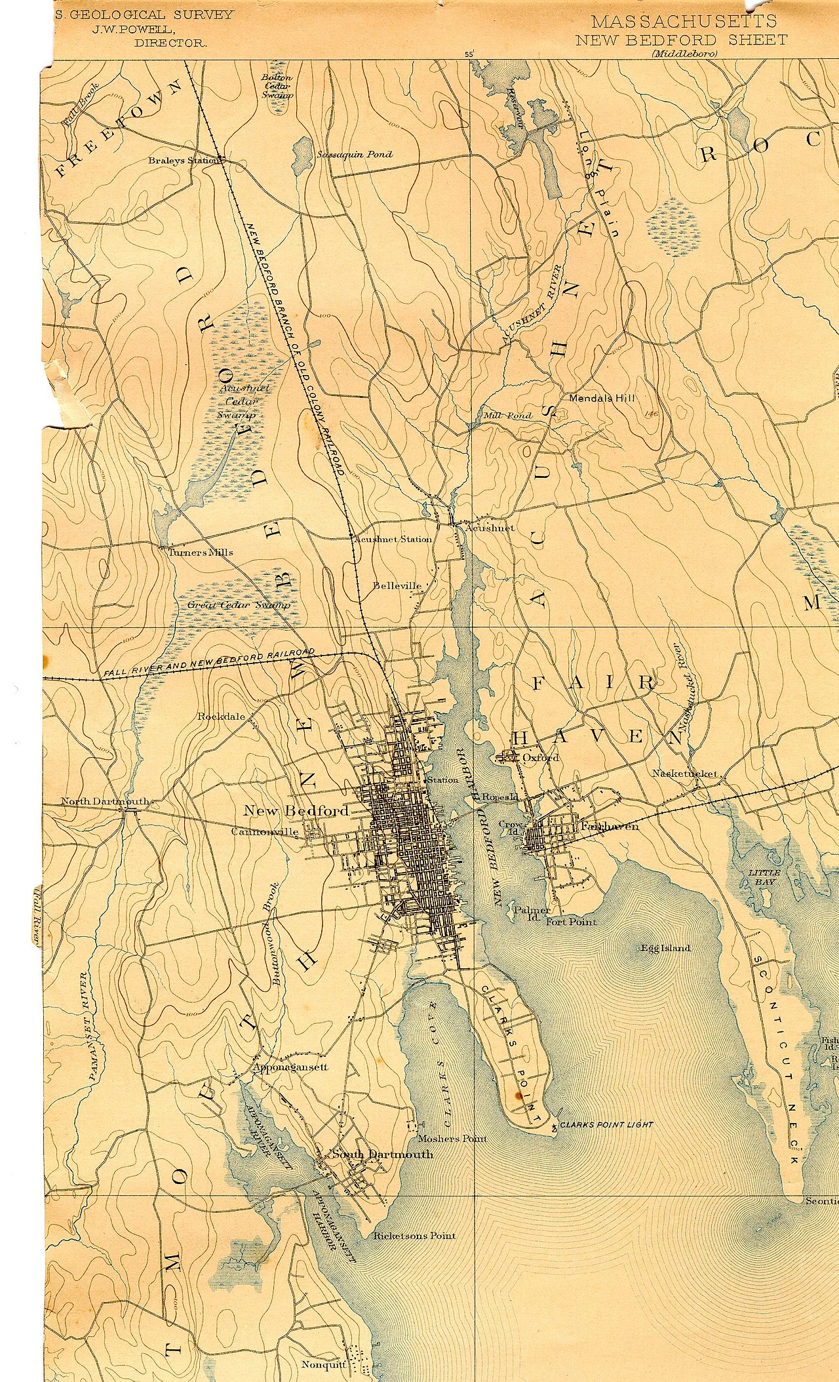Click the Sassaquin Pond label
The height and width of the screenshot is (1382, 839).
354,155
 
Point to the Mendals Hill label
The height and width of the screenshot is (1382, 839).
602,397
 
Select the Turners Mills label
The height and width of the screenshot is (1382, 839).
201,552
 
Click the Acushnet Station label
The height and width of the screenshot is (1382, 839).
392,539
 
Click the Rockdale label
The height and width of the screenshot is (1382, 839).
221,716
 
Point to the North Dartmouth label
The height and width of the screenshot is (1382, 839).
105,801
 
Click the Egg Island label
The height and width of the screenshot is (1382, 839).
665,948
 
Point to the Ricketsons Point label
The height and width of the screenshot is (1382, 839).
414,1236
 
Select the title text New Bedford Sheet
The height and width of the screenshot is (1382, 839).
681,40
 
